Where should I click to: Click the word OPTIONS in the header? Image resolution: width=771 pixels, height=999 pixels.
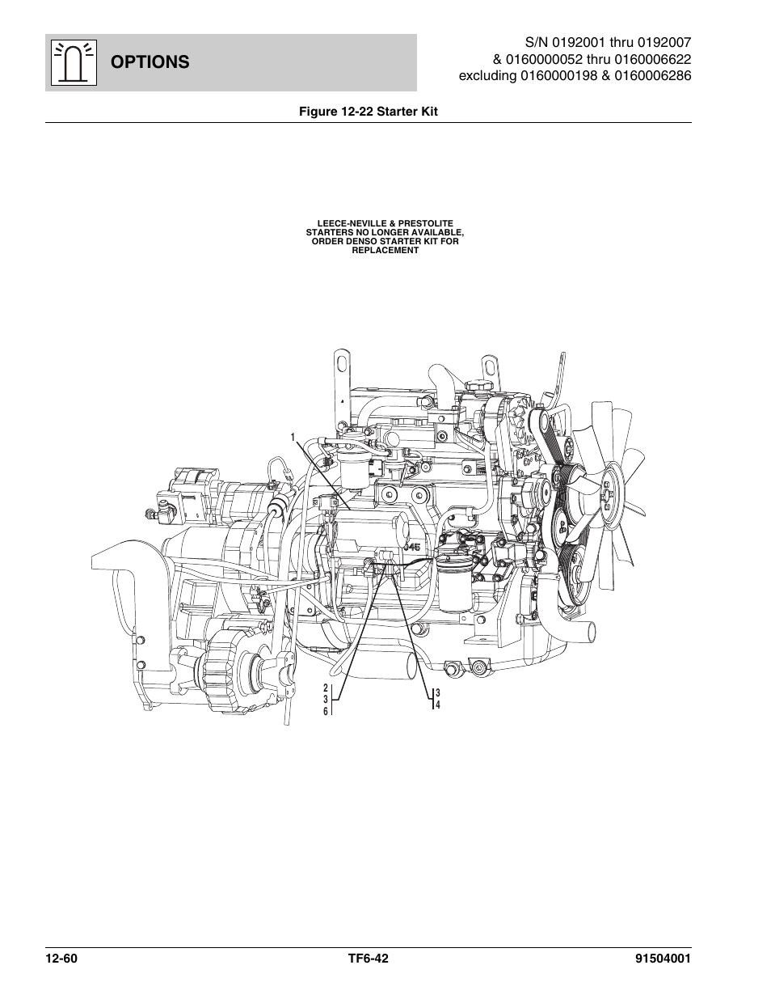(x=151, y=61)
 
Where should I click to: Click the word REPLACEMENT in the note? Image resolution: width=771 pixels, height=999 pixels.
(x=385, y=250)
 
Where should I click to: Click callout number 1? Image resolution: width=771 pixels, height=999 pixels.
(x=294, y=437)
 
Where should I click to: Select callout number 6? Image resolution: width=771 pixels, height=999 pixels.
(x=326, y=711)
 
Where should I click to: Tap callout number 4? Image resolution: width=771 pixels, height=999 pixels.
(x=437, y=705)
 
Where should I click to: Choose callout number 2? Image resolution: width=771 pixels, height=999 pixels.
(x=326, y=688)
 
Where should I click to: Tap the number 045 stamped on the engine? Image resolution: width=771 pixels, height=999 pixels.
(x=413, y=547)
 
